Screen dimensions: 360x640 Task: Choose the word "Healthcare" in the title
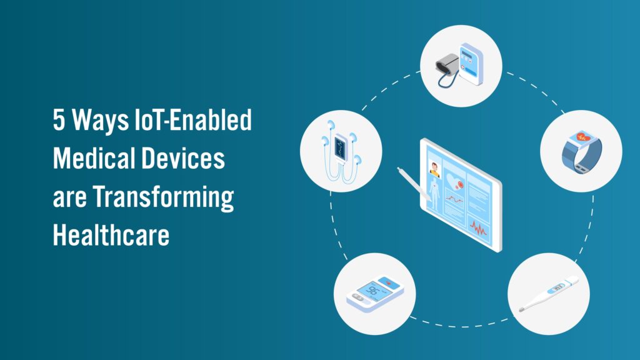coord(111,236)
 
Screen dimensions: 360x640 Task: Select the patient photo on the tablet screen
coord(433,168)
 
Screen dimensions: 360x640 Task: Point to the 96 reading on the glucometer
coord(372,291)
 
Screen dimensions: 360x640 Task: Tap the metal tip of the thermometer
coord(521,308)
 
